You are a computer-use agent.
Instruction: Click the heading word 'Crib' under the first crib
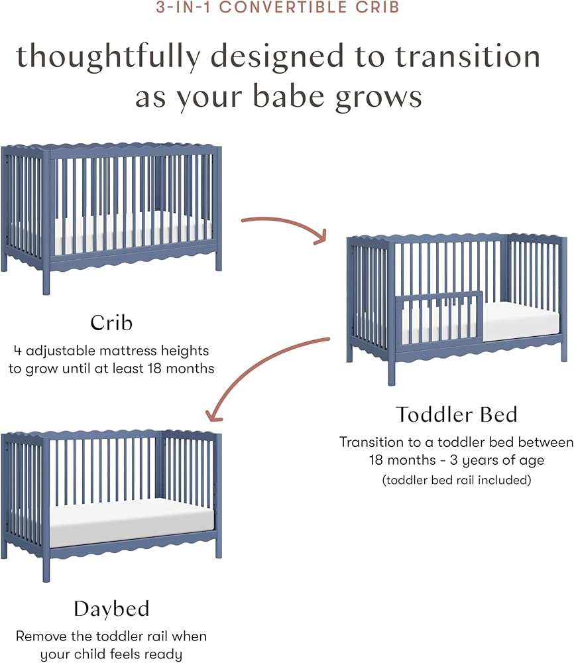point(111,323)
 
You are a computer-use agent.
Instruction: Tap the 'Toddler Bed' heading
point(457,414)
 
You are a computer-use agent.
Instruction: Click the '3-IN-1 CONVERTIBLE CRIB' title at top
point(278,7)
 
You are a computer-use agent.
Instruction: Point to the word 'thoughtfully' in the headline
point(108,57)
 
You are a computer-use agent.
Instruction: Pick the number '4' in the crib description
point(17,351)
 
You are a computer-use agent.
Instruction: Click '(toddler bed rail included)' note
point(457,480)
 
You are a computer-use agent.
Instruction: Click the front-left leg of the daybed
point(46,562)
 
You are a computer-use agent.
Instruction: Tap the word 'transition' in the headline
point(468,57)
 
